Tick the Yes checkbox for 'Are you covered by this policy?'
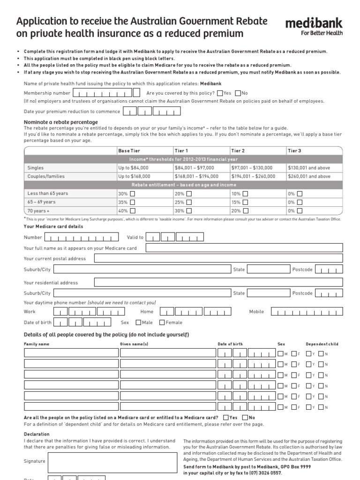coord(220,93)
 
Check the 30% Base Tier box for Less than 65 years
coord(133,194)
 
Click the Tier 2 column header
coord(237,150)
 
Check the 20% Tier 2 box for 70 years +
coord(245,211)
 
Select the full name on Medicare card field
coord(244,248)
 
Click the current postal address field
coord(218,258)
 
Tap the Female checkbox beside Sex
coord(162,322)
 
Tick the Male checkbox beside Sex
coord(138,322)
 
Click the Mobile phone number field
coord(307,312)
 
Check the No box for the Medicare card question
coord(245,417)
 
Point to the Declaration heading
coord(37,434)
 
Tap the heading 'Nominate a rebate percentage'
coord(61,122)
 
